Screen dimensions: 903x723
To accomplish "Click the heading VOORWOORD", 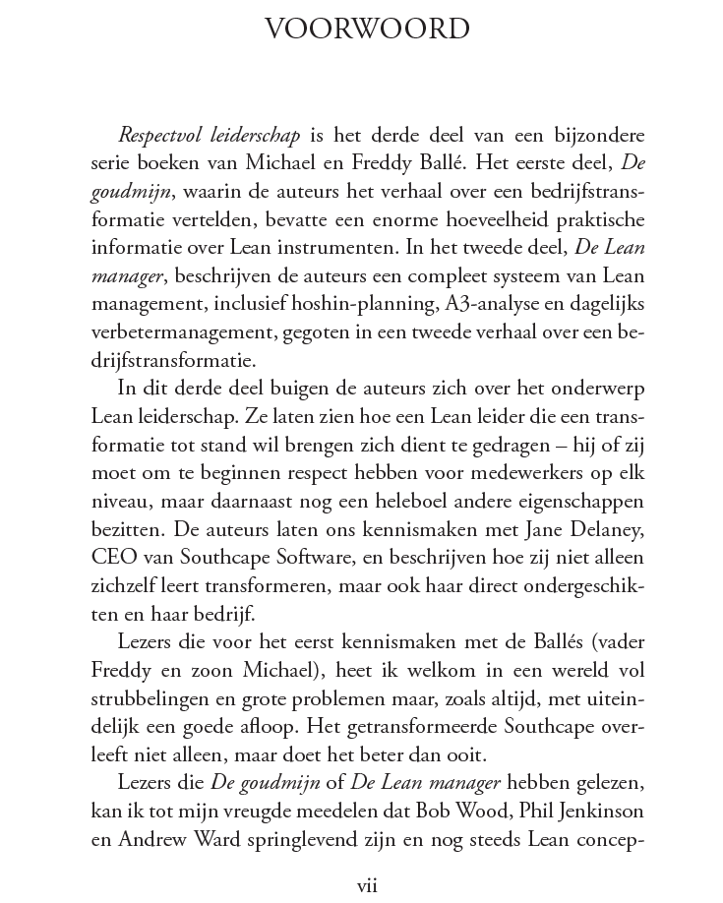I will [367, 30].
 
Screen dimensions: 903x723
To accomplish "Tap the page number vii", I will [367, 884].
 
